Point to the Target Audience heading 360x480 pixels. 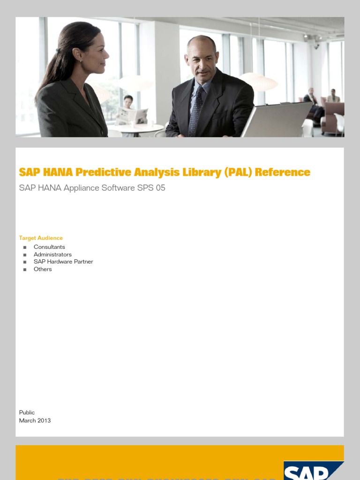(41, 238)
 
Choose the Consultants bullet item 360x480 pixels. (49, 247)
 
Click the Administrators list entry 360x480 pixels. (52, 255)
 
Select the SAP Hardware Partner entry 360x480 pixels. (63, 262)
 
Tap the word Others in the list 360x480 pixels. (43, 269)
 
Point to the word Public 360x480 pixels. (27, 412)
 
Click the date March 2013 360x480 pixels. (35, 420)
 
